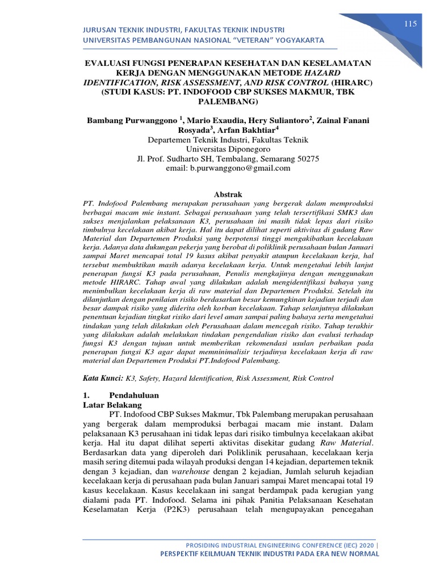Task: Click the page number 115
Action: point(410,23)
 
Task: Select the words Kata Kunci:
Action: point(103,378)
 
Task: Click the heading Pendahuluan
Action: point(135,395)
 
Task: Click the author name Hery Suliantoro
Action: point(280,121)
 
